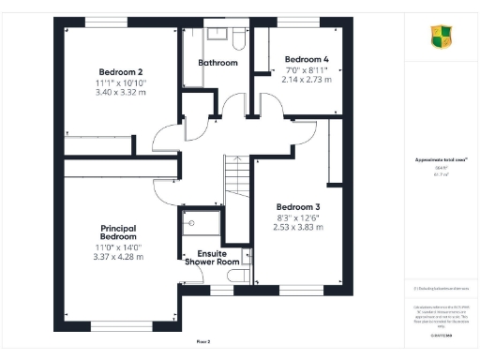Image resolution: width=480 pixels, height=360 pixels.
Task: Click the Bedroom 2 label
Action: coord(120,72)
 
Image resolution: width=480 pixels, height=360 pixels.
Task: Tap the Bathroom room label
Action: coord(217,63)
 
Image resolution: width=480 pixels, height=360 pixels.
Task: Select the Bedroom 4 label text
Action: coord(307,58)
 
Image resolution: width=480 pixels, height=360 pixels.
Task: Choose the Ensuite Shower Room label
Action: coord(218,258)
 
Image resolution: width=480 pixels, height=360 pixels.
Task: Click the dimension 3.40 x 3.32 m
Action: coord(120,93)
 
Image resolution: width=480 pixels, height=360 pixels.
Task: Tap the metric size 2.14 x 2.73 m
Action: coord(307,80)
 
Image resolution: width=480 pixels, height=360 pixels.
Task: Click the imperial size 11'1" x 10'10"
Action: coord(120,82)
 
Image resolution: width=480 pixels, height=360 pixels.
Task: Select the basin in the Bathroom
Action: coord(215,34)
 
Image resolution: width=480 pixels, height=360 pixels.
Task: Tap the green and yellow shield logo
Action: coord(439,37)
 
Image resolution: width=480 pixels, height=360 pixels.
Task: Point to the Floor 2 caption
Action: coord(203,341)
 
